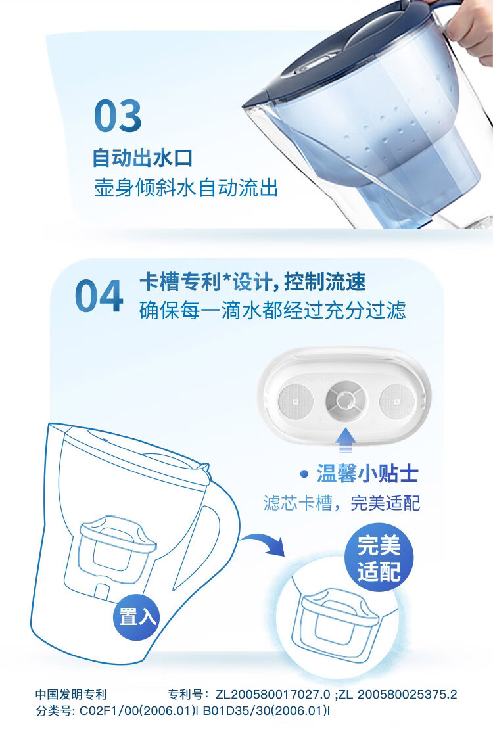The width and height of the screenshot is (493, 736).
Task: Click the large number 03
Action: (118, 116)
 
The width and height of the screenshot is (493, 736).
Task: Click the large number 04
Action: (99, 296)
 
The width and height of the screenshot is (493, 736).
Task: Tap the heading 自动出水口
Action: (143, 158)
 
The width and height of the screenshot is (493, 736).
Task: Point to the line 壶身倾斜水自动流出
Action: (187, 188)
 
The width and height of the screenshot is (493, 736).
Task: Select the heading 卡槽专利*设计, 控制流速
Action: (252, 282)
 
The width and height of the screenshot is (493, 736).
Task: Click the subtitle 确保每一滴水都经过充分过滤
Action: (272, 310)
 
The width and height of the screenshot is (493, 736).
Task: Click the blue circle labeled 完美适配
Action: (379, 558)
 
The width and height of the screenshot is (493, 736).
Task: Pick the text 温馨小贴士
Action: (367, 473)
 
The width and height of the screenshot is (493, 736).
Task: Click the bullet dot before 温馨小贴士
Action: (304, 474)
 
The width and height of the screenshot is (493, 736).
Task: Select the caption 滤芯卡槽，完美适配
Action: (342, 503)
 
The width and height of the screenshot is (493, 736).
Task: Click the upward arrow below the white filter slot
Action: (345, 440)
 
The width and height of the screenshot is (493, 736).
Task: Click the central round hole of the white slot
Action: (346, 401)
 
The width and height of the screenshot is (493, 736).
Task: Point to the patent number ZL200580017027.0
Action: (273, 694)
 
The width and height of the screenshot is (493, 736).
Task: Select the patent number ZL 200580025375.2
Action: (397, 694)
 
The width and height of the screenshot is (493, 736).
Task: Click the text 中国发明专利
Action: (72, 694)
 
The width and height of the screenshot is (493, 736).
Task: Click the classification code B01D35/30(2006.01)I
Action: (266, 710)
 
